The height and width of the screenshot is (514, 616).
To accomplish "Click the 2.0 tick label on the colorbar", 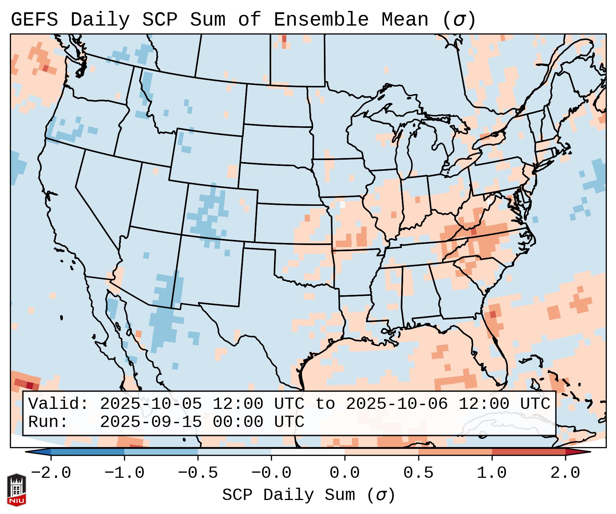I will tap(565, 473).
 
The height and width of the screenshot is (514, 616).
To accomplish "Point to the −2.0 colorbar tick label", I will tap(51, 473).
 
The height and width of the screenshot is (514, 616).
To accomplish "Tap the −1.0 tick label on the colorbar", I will tap(124, 473).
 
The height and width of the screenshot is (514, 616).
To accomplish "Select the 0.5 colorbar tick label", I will tap(418, 473).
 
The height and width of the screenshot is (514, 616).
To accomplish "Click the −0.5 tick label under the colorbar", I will tap(198, 473).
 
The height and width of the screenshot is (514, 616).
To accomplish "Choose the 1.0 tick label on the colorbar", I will tap(492, 473).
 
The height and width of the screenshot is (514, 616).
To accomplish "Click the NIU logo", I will tap(16, 490).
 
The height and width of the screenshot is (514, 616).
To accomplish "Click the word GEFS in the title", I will tap(34, 20).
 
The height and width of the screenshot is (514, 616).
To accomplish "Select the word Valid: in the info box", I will tap(58, 404).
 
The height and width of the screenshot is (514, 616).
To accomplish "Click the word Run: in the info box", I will tap(48, 422).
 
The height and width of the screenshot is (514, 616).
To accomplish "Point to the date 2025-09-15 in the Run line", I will tap(151, 422).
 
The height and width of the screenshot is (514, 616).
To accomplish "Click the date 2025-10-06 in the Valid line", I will tap(397, 404).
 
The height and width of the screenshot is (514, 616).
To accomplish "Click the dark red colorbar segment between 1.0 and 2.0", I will tap(528, 452).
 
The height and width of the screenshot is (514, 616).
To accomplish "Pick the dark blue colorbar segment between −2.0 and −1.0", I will tap(87, 452).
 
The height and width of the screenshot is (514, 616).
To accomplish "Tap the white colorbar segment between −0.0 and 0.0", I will tap(308, 452).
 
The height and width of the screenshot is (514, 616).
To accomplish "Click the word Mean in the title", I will tap(405, 20).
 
